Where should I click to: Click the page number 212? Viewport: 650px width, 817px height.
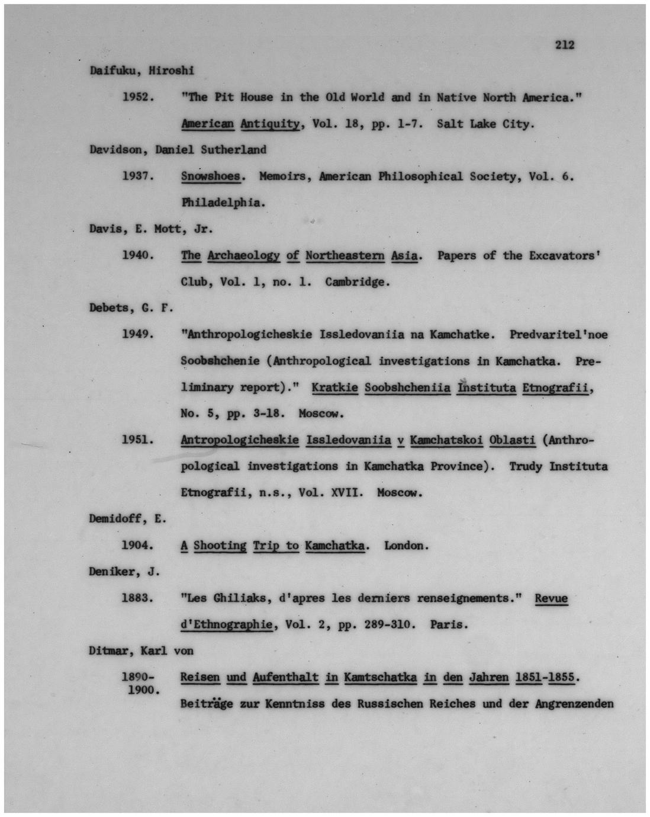pyautogui.click(x=565, y=44)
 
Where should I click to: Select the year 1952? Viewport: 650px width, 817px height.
pyautogui.click(x=138, y=97)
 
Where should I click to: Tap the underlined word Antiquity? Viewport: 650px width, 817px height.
pyautogui.click(x=269, y=124)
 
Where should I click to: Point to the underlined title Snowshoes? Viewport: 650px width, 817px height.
pyautogui.click(x=210, y=176)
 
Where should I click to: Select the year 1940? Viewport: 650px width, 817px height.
pyautogui.click(x=138, y=255)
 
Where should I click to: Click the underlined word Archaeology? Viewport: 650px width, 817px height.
pyautogui.click(x=243, y=255)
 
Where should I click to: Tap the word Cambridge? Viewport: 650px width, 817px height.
pyautogui.click(x=357, y=281)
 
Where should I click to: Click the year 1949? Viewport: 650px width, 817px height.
pyautogui.click(x=138, y=334)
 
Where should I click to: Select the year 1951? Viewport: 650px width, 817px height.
pyautogui.click(x=138, y=440)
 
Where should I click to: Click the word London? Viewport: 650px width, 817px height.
pyautogui.click(x=406, y=545)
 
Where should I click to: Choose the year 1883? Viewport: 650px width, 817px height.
pyautogui.click(x=138, y=598)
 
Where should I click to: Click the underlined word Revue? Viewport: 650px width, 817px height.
pyautogui.click(x=551, y=598)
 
